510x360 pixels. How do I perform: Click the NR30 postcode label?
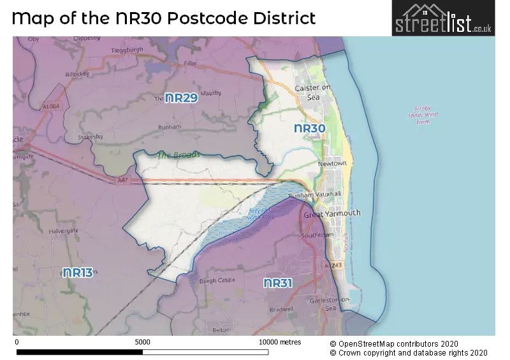310,129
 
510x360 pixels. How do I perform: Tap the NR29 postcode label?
181,98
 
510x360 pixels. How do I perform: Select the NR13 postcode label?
78,273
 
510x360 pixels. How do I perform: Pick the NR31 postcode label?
278,283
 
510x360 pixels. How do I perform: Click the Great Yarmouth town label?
331,213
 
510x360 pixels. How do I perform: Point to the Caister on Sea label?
312,92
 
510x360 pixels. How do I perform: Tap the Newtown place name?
332,163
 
